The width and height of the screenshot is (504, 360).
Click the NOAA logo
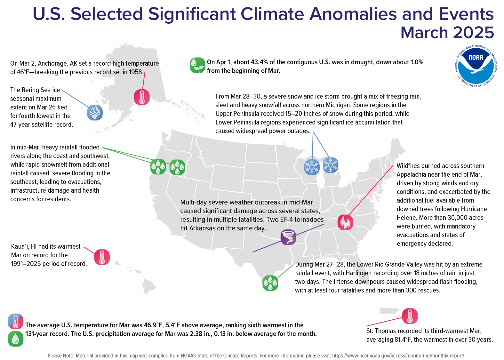click(476, 66)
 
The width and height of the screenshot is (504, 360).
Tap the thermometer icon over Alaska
click(142, 97)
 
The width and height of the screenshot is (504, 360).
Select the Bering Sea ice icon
click(95, 112)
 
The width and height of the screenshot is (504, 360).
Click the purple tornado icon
click(288, 237)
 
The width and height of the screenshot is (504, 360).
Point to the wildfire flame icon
click(345, 222)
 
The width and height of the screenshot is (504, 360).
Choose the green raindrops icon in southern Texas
click(270, 283)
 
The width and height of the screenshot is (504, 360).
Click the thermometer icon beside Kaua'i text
click(102, 257)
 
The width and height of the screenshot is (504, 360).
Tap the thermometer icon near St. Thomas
click(410, 316)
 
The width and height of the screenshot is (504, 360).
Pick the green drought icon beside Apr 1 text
click(197, 65)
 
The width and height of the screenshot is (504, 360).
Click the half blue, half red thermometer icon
click(15, 322)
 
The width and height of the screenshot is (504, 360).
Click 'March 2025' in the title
click(447, 33)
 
